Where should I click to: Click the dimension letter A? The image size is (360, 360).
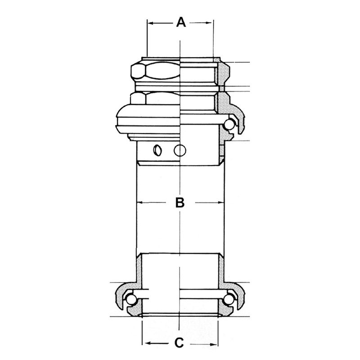click(x=181, y=22)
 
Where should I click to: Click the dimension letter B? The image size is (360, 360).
click(x=180, y=202)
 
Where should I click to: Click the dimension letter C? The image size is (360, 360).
click(x=179, y=343)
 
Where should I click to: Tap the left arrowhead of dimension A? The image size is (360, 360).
click(x=150, y=23)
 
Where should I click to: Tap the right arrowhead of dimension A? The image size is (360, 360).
click(x=209, y=23)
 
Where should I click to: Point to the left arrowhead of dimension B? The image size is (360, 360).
click(x=139, y=202)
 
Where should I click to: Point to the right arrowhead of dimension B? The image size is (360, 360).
click(x=220, y=202)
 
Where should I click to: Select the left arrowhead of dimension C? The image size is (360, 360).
click(x=148, y=344)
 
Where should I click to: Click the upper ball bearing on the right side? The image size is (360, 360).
click(x=229, y=125)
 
